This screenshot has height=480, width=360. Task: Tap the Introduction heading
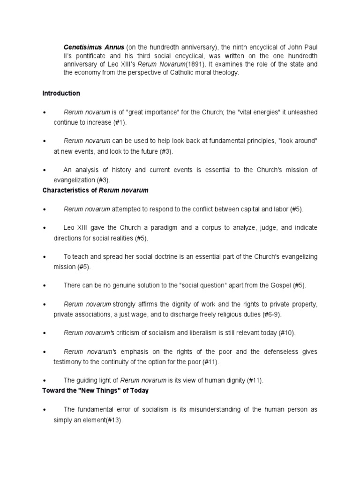tap(61, 93)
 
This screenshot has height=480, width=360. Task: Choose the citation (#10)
tap(285, 333)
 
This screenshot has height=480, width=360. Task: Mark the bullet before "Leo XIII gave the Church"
tap(44, 228)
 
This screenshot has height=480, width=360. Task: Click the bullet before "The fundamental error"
tap(44, 410)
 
